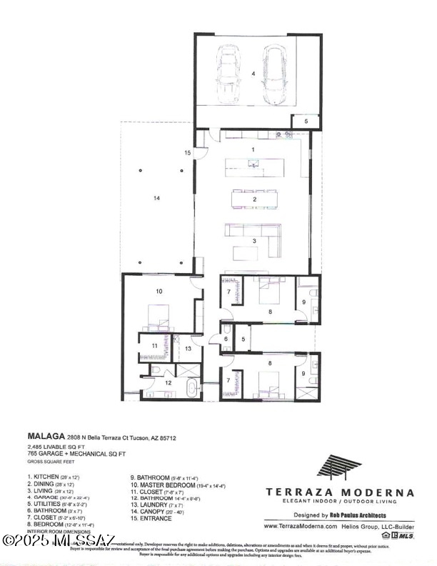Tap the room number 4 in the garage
[x=252, y=74]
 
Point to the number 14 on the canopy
[x=156, y=198]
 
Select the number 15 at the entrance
[x=188, y=153]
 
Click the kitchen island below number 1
[x=253, y=167]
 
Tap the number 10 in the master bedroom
[x=159, y=291]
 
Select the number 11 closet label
[x=154, y=346]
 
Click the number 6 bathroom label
[x=225, y=339]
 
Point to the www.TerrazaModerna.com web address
[x=300, y=525]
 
